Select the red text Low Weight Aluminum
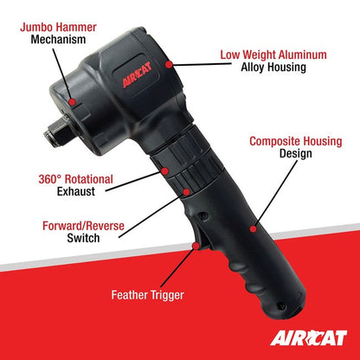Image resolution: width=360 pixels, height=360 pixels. point(273,55)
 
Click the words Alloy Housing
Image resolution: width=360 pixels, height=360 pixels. point(273,68)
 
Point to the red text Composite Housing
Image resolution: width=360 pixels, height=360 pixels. point(294,140)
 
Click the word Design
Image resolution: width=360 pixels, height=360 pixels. point(294,154)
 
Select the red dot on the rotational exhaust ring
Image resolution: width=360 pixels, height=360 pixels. point(163,170)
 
